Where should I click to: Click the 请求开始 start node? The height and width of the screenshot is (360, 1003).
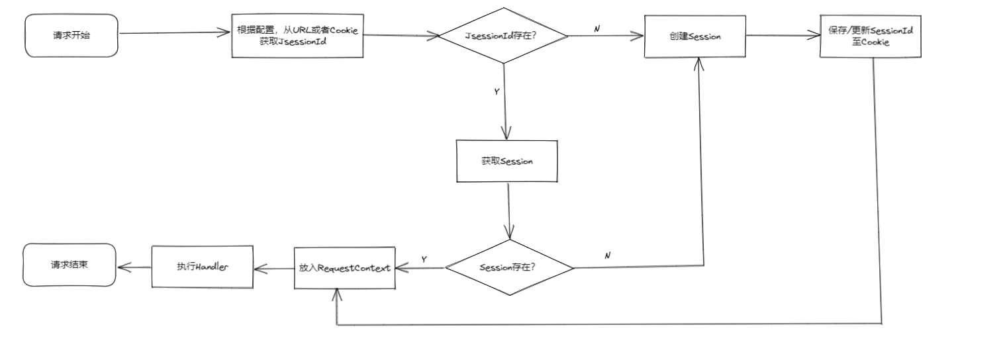coord(72,36)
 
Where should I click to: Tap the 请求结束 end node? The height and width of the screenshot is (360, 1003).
coord(70,265)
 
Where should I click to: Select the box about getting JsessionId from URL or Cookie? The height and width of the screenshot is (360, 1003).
coord(297,36)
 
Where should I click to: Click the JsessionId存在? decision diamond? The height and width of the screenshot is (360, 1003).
coord(504,36)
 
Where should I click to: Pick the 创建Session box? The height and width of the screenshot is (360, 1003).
coord(694,36)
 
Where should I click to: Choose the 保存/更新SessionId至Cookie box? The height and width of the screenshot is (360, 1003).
coord(870,36)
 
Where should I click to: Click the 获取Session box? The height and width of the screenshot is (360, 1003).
coord(507,161)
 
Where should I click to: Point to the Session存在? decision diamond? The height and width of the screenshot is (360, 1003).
coord(508,268)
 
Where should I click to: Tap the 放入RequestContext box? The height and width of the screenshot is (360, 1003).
coord(344,268)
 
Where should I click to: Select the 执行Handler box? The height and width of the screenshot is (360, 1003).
coord(203,267)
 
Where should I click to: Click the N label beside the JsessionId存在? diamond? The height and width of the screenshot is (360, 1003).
coord(597,29)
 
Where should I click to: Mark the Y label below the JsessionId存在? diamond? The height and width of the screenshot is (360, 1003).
coord(497,92)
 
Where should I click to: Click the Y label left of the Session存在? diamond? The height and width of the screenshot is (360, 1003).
coord(424,259)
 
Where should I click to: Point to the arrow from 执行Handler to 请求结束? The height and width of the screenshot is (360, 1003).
coord(134,267)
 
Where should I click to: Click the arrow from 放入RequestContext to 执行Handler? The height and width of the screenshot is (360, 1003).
coord(273,268)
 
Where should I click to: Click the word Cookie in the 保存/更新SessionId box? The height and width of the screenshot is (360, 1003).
coord(870,42)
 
